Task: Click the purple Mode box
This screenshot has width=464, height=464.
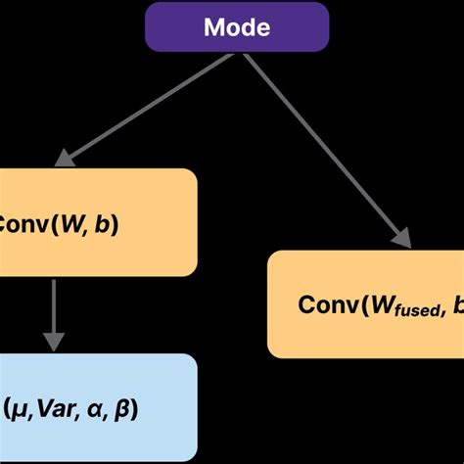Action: point(237,26)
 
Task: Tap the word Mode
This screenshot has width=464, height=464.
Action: point(237,26)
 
